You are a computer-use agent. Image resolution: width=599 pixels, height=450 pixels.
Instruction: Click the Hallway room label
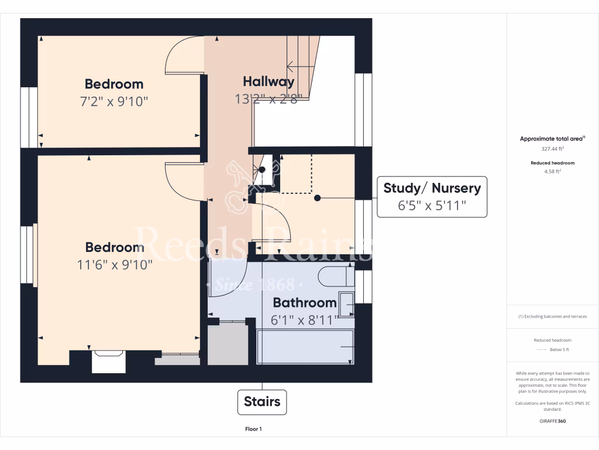268,81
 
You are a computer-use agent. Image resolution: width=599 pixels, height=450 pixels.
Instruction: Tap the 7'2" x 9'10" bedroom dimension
114,101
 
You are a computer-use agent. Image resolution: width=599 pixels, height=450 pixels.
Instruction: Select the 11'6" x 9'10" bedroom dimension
115,265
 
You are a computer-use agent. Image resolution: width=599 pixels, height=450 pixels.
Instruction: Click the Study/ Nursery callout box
432,196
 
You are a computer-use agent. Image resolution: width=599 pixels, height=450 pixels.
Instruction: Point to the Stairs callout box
261,401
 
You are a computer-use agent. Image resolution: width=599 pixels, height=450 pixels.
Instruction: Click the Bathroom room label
305,303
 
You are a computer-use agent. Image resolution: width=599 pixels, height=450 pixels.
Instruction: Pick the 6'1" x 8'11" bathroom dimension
305,321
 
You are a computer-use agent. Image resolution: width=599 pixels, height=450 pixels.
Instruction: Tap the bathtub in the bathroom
305,346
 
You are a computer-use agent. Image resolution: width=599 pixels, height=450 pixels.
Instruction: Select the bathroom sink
346,304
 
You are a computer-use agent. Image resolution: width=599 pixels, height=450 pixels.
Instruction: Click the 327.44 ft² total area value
552,149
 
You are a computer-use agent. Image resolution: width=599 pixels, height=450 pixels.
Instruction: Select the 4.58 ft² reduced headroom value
552,172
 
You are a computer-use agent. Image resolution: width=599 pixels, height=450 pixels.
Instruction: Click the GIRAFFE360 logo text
552,421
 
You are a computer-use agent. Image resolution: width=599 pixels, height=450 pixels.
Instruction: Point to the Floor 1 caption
253,429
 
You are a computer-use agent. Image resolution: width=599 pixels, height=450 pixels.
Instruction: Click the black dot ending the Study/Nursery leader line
317,198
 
